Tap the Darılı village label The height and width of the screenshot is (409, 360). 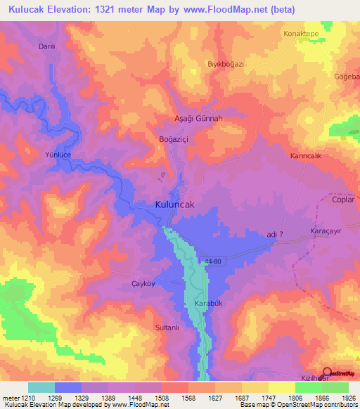click(46, 46)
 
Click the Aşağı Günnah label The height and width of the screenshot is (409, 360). click(198, 119)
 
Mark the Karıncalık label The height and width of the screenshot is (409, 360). click(306, 156)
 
